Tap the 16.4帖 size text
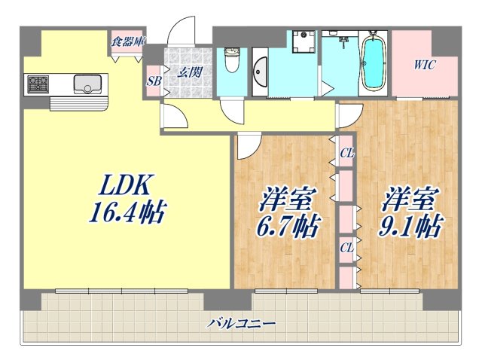[127, 212]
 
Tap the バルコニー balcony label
[243, 324]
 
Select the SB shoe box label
[154, 80]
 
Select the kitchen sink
[87, 84]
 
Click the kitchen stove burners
[38, 84]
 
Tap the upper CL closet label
[346, 154]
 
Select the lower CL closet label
[346, 247]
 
